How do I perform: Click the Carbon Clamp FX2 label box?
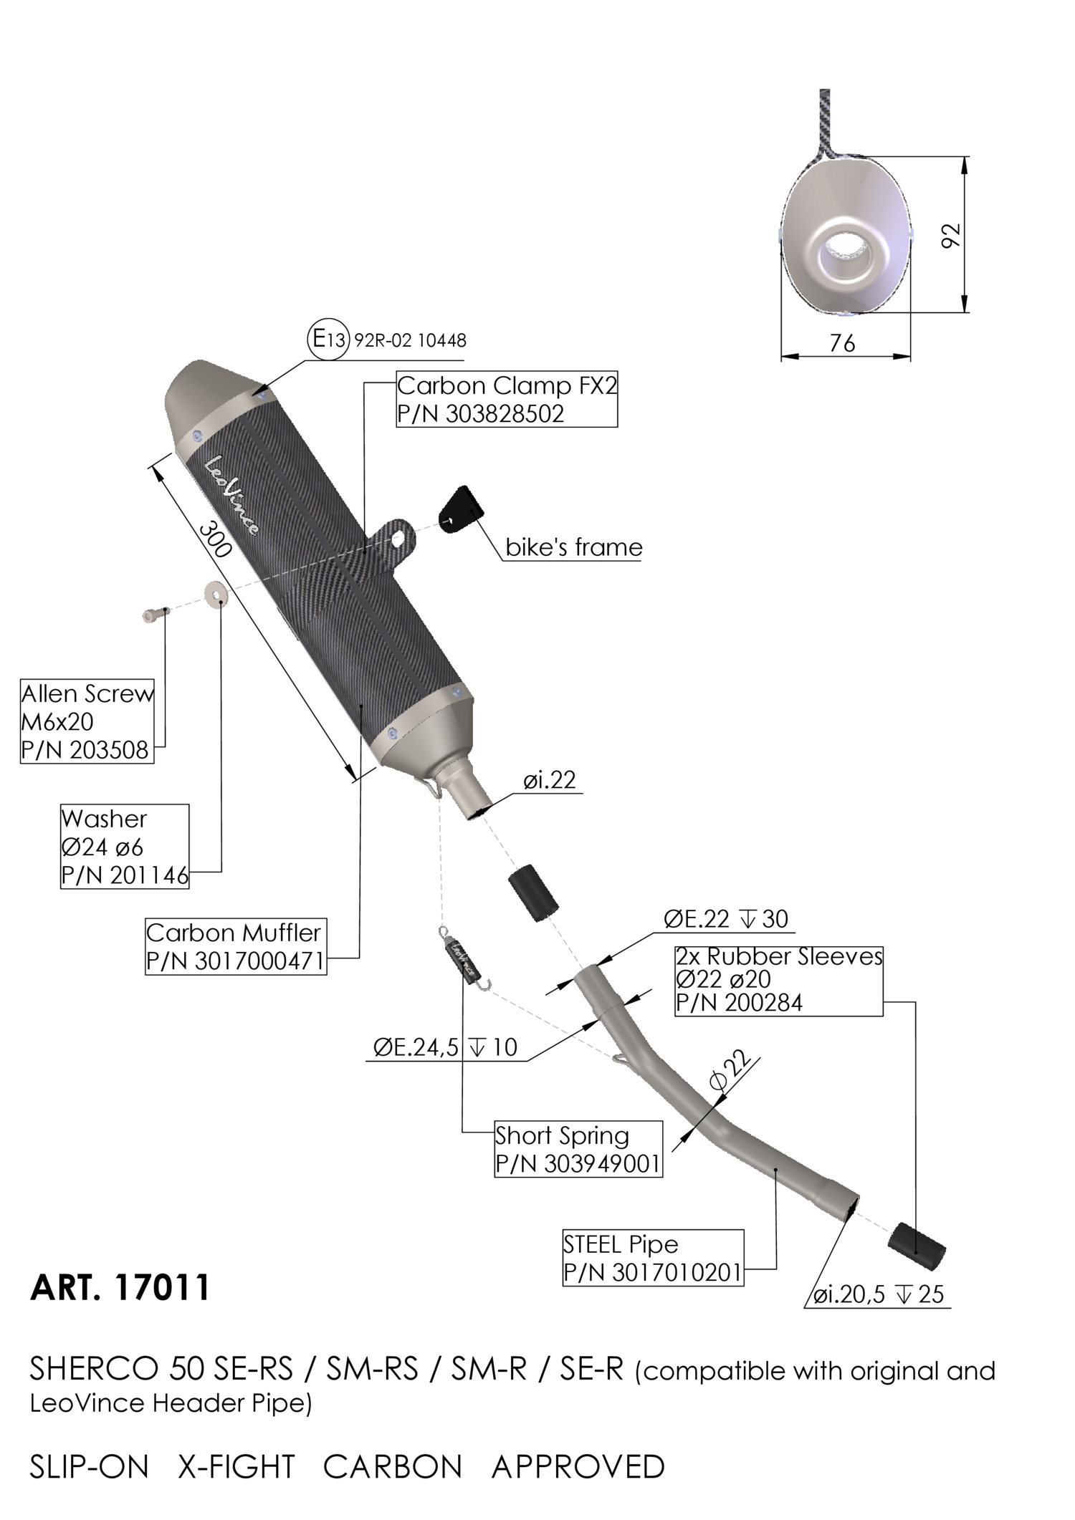[x=506, y=400]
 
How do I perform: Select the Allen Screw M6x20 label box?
[x=87, y=721]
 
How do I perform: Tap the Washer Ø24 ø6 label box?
[x=125, y=847]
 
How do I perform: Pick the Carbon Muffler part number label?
[x=235, y=947]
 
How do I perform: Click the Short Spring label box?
[x=578, y=1149]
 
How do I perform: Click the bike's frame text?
[x=573, y=548]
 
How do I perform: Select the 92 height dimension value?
[x=950, y=236]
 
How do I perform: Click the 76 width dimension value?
[x=842, y=344]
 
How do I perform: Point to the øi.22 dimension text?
[x=549, y=780]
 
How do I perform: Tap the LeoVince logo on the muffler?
[x=232, y=495]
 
